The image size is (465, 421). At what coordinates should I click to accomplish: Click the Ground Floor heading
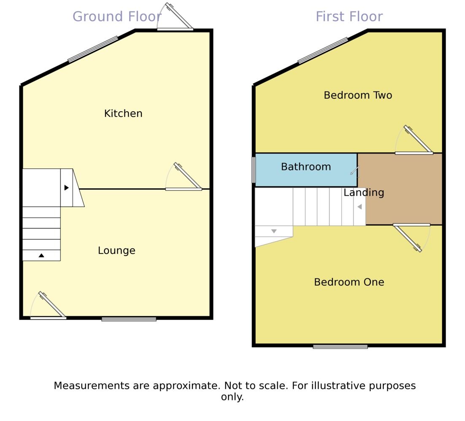[116, 17]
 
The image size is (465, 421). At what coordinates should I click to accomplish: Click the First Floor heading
[349, 17]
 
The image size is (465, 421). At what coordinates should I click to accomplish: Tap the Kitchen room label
[123, 113]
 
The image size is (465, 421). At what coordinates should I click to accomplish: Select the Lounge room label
[116, 251]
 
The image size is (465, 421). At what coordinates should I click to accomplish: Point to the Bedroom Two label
[358, 95]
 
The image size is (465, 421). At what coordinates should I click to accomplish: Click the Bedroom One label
[349, 282]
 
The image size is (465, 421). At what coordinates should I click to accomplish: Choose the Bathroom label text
[306, 167]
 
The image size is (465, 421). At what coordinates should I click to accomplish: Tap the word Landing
[364, 193]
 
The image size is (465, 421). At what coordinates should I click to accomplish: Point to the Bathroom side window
[254, 170]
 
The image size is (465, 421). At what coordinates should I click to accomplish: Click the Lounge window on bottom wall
[129, 319]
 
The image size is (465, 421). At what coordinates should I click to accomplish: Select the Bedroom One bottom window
[340, 347]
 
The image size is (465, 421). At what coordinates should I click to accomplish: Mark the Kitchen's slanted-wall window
[93, 49]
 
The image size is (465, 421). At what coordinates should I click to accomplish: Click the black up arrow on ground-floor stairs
[41, 255]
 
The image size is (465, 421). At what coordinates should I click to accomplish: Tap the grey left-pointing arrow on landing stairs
[360, 207]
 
